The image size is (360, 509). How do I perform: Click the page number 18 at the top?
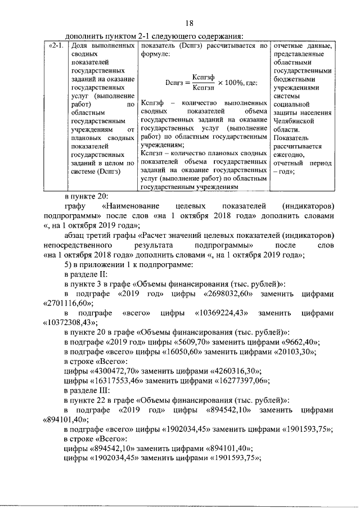click(x=190, y=22)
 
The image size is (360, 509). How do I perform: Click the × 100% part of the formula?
click(x=231, y=82)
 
